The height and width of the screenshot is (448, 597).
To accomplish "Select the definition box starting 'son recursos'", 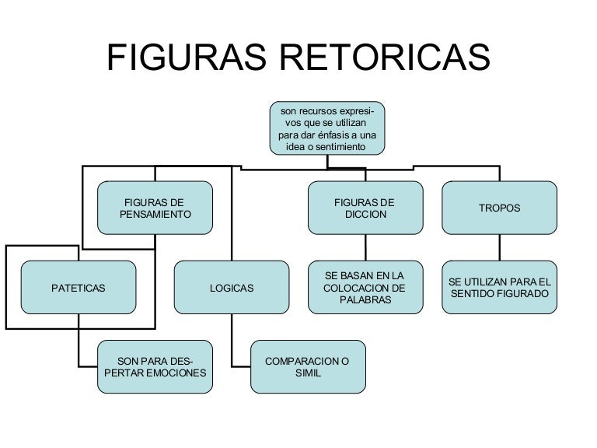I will [326, 129].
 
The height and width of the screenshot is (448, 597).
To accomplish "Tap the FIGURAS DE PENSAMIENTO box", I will [155, 208].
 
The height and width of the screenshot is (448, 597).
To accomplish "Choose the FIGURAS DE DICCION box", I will [365, 208].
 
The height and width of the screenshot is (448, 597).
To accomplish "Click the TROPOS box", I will [499, 208].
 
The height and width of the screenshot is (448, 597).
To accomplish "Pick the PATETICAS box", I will [78, 288].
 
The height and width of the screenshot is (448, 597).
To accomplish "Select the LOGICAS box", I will [232, 288].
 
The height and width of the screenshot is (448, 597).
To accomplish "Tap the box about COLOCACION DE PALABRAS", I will [365, 288].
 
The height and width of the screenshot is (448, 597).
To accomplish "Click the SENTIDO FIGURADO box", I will [499, 288].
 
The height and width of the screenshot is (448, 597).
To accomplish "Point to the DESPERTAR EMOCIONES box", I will [155, 367].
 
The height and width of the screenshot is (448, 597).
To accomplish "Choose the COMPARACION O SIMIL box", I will [308, 367].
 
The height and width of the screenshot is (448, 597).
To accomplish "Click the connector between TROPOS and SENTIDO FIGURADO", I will [499, 247].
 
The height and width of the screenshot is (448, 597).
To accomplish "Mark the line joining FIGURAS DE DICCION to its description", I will [365, 247].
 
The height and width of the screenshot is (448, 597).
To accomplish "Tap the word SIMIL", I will [308, 373].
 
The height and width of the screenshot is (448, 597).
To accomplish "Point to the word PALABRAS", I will [365, 300].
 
